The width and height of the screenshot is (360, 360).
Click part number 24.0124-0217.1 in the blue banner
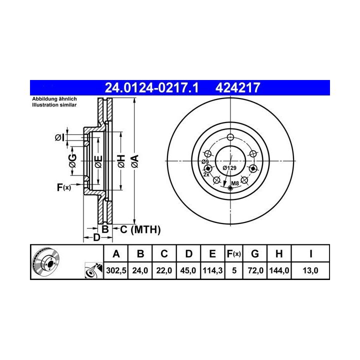pos(151,87)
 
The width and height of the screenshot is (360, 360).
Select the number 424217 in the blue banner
pos(237,87)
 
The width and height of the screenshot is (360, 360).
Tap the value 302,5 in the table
pos(116,270)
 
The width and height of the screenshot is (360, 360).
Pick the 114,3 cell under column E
pos(212,270)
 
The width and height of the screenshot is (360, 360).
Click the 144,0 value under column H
pos(279,270)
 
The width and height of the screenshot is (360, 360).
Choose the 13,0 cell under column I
pos(310,270)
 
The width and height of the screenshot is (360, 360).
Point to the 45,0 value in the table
pos(188,270)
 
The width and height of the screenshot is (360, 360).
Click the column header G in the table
pos(255,254)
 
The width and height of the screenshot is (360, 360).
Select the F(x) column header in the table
pos(233,254)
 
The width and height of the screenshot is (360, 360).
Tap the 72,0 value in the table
pos(255,270)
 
